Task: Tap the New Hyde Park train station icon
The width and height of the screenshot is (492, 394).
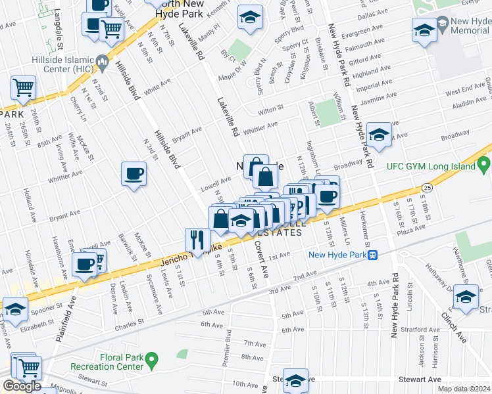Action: click(372, 255)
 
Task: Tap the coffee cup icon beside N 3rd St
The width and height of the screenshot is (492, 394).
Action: click(134, 174)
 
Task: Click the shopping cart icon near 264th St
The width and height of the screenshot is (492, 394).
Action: click(23, 87)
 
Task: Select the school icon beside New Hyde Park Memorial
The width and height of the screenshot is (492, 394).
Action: click(424, 30)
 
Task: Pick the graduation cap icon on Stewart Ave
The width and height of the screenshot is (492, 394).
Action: click(296, 380)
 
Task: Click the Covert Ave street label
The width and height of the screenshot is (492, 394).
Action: click(260, 258)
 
